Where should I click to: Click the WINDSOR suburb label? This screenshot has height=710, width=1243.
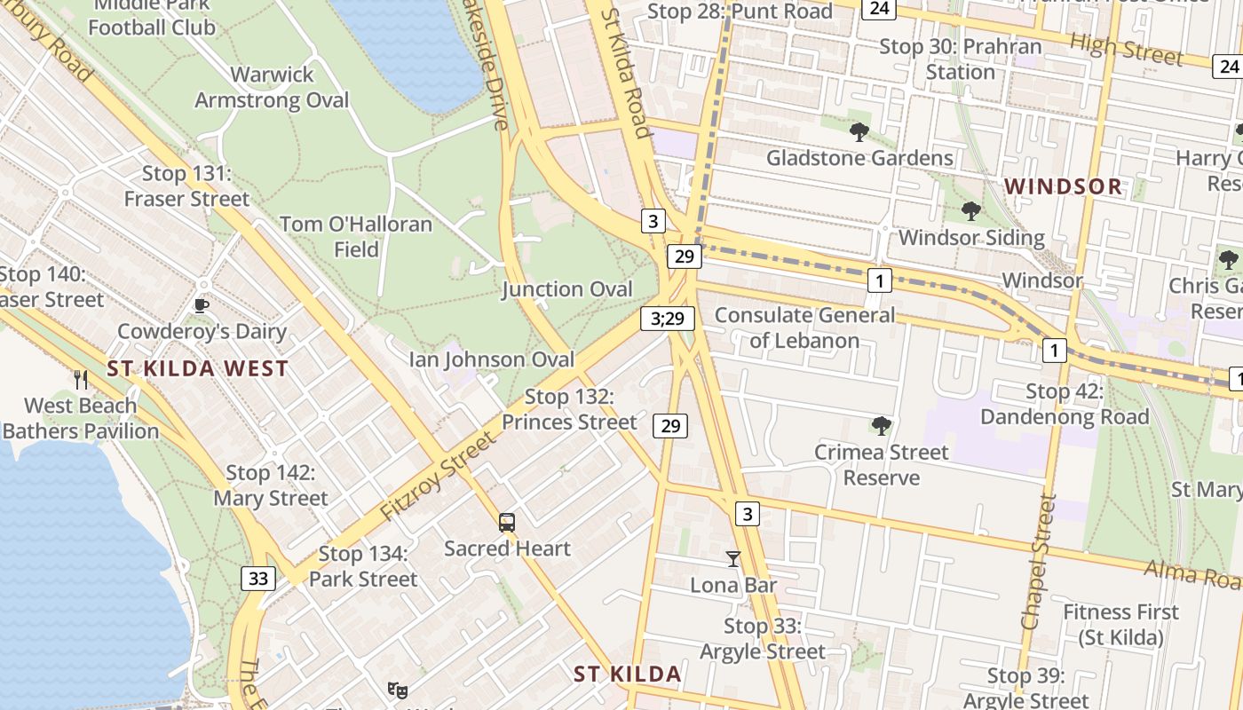tap(1064, 187)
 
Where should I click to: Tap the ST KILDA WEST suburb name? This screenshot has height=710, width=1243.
tap(198, 369)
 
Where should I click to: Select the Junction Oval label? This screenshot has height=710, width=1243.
tap(566, 289)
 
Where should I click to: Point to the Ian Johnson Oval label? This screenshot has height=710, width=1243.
tap(491, 359)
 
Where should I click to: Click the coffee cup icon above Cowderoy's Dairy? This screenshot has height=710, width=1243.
tap(202, 306)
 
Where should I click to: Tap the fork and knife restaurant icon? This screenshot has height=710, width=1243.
tap(81, 380)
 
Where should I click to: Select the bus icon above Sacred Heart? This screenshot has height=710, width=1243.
tap(506, 523)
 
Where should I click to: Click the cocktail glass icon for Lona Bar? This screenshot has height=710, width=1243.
tap(732, 559)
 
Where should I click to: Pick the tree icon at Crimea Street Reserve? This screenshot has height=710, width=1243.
tap(881, 426)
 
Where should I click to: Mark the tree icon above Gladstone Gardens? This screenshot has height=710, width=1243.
tap(859, 132)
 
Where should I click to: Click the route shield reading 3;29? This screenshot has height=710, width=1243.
tap(667, 319)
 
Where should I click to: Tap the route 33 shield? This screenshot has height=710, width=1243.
tap(257, 579)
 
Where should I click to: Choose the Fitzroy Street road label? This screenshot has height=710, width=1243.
tap(438, 477)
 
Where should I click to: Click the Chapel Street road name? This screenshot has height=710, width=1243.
tap(1037, 562)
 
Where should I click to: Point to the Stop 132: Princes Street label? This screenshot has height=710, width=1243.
tap(569, 409)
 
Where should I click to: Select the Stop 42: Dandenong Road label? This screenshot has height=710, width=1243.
tap(1065, 404)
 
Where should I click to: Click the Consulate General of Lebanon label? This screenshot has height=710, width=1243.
tap(804, 327)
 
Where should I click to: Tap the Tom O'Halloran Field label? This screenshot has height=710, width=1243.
tap(356, 237)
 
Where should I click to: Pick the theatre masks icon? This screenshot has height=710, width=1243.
tap(397, 689)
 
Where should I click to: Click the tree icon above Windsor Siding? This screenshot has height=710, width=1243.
tap(970, 211)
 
